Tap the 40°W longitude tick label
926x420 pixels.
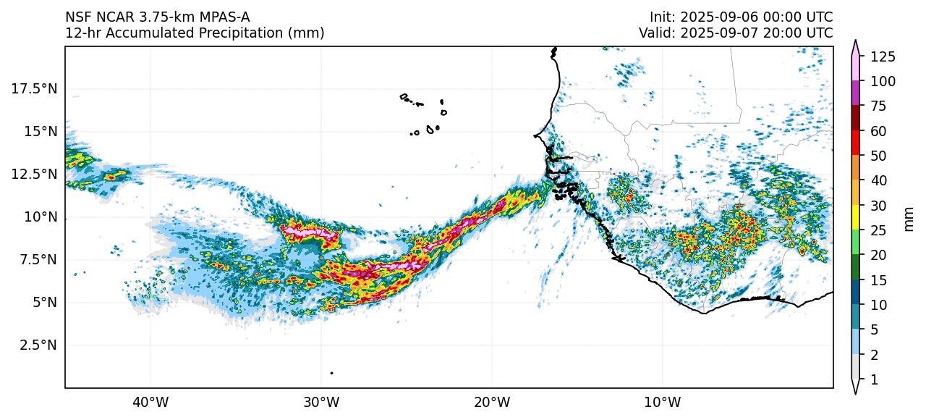(150, 401)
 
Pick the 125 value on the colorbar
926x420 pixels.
(883, 56)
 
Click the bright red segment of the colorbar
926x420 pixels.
(856, 143)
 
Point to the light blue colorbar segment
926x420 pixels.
(856, 341)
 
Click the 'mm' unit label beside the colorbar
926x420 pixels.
(909, 218)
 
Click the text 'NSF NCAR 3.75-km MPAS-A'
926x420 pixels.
(158, 17)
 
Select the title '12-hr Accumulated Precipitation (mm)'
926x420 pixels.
(195, 33)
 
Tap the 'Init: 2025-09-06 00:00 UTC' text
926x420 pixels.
(741, 17)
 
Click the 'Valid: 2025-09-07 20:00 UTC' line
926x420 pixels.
(736, 33)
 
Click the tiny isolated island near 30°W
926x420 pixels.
(331, 373)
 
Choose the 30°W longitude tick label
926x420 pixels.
(321, 401)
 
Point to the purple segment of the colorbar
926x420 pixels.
(856, 93)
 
